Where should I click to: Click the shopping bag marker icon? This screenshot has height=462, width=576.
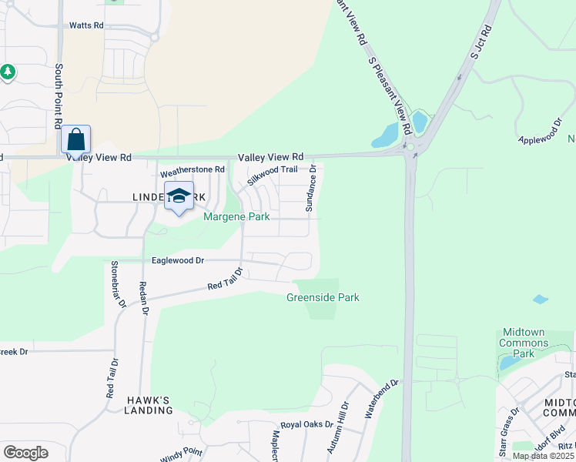[75, 140]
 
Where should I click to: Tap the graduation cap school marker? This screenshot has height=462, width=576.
[179, 197]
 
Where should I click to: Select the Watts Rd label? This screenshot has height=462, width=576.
[86, 25]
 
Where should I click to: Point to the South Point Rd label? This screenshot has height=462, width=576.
[59, 96]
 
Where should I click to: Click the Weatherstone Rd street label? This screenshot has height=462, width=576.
[192, 169]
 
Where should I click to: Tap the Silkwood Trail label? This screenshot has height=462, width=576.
[272, 175]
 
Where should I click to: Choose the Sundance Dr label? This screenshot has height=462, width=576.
[311, 189]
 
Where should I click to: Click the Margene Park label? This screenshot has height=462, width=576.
[236, 217]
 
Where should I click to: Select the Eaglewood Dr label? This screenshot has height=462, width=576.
[177, 261]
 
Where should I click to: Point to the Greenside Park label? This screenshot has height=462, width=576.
[323, 298]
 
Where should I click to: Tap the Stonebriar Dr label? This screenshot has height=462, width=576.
[118, 283]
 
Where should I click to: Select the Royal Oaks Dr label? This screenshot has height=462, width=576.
[306, 424]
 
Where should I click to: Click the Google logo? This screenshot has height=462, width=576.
[25, 453]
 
